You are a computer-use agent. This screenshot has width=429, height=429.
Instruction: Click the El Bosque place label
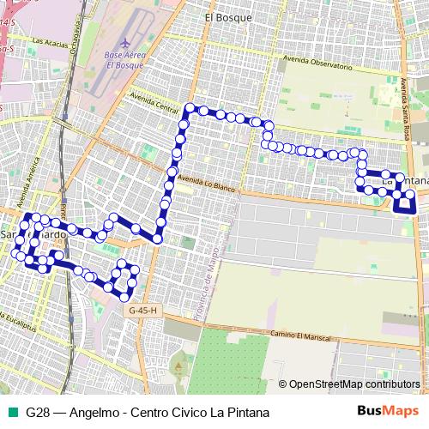pyautogui.click(x=228, y=16)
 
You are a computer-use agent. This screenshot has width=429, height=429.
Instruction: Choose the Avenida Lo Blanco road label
pyautogui.click(x=208, y=184)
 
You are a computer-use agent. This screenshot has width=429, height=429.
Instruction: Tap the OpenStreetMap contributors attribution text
pyautogui.click(x=352, y=384)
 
